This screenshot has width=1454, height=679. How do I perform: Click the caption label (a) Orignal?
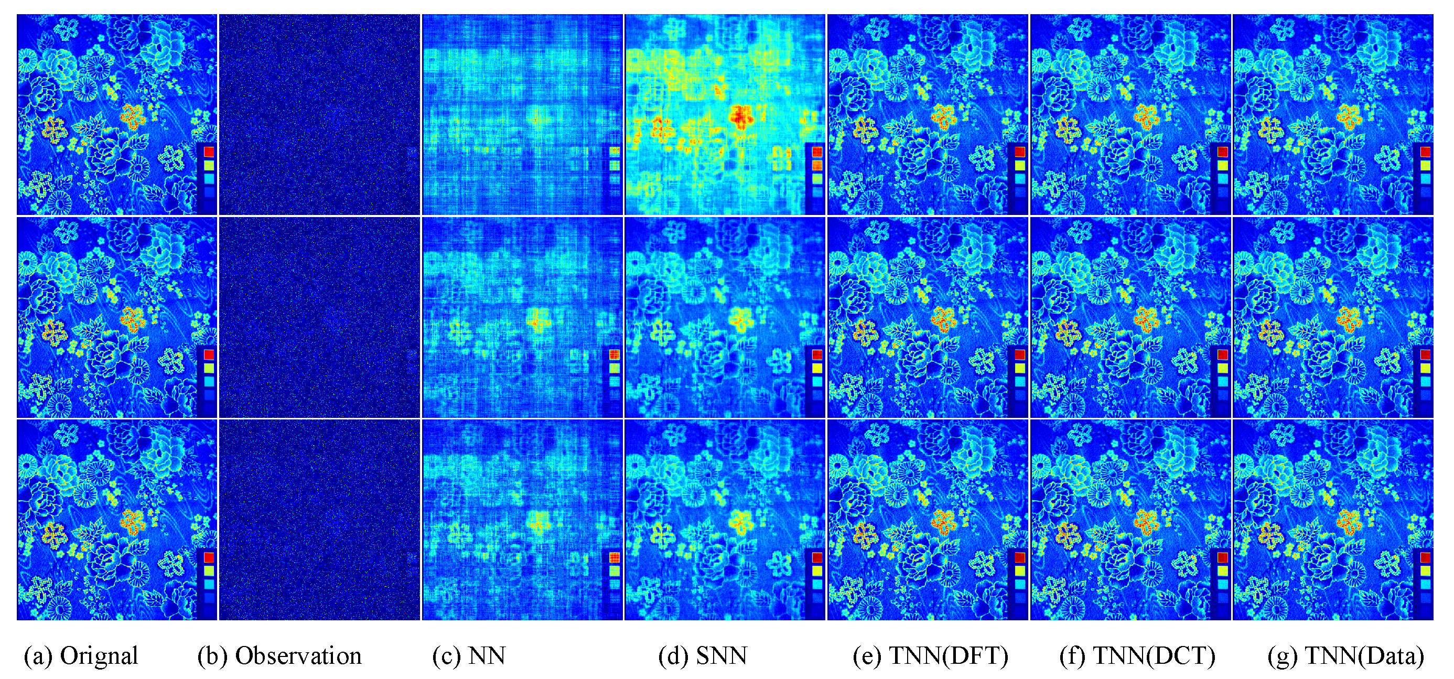(x=81, y=656)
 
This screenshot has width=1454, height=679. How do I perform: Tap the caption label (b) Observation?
(x=279, y=656)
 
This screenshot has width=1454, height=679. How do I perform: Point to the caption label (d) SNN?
(x=703, y=656)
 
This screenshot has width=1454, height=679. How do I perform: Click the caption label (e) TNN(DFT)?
(x=930, y=656)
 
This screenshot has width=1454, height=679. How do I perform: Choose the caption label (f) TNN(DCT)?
(x=1137, y=656)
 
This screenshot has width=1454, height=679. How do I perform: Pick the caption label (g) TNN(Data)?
(x=1345, y=656)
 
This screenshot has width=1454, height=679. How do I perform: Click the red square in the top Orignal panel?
(x=209, y=151)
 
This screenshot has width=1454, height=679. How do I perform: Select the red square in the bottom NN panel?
(x=614, y=558)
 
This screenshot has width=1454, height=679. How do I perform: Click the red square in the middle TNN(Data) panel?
(x=1426, y=355)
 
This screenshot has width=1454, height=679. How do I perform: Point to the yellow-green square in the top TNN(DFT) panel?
(x=1020, y=165)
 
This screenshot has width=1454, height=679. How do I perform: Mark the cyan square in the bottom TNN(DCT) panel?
(x=1223, y=584)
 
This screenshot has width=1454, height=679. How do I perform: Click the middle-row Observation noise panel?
(x=319, y=317)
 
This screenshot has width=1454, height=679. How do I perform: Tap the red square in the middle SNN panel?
(x=817, y=355)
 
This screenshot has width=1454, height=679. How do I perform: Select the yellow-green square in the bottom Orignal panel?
(x=209, y=571)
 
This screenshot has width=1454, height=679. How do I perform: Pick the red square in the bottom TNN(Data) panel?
(x=1426, y=558)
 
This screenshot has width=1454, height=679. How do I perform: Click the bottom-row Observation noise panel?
(x=319, y=520)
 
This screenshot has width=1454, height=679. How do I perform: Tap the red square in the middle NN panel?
(x=614, y=355)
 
